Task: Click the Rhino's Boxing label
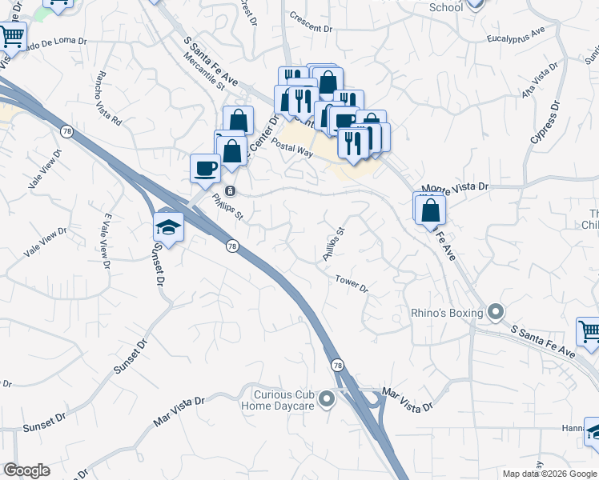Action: coord(445,312)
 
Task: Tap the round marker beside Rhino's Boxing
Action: coord(496,312)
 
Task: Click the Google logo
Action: coord(26,470)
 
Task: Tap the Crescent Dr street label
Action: coord(311,28)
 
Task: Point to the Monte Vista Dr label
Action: coord(455,186)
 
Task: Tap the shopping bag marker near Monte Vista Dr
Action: coord(431,209)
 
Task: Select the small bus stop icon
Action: coord(230,190)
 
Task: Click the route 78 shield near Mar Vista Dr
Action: coord(338,365)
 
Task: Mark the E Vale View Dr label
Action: coord(103,241)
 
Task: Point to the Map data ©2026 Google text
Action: coord(549,474)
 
